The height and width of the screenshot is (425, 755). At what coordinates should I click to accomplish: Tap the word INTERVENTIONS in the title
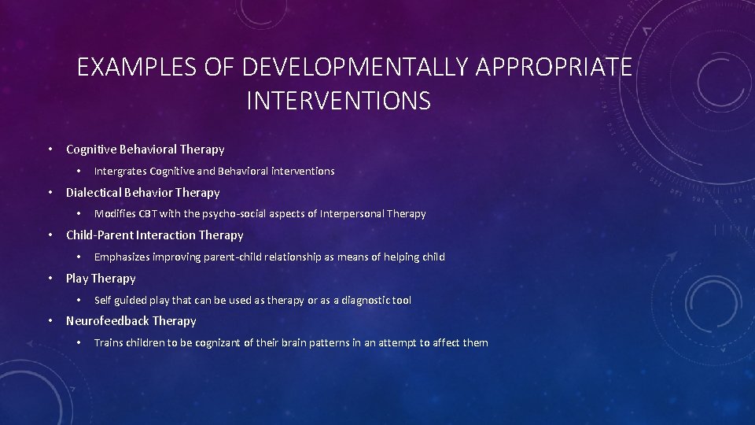coord(338,101)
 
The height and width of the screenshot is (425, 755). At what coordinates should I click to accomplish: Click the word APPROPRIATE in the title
coord(554,68)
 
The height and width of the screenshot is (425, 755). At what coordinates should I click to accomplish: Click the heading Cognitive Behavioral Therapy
coord(145,149)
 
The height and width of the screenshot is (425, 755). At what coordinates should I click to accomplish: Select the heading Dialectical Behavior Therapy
coord(142,192)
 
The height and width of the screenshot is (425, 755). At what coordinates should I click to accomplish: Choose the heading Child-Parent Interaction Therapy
coord(154,235)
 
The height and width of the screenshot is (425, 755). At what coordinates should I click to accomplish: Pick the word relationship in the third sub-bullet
coord(305,257)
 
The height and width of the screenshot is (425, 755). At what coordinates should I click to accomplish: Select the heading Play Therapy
coord(101,278)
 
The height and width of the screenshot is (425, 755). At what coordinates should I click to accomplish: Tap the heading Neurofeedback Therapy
coord(131,320)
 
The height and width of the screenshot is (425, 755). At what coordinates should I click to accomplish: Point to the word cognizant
coord(228,342)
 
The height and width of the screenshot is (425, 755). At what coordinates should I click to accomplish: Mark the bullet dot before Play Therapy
coord(49,278)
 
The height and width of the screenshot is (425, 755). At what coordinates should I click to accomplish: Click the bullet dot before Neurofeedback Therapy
coord(49,320)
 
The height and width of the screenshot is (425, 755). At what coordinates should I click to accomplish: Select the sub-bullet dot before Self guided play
coord(79,300)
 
